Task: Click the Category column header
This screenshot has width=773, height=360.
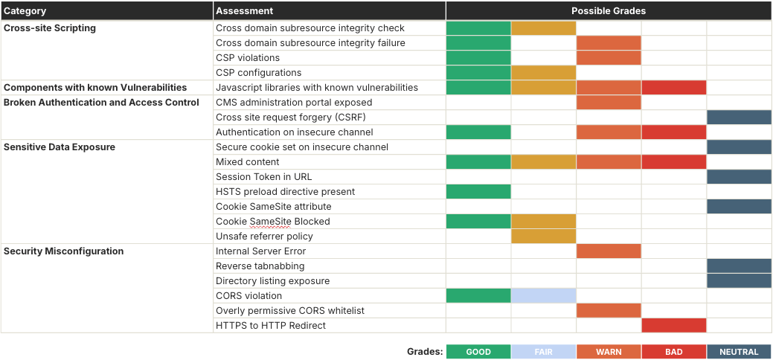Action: (25, 11)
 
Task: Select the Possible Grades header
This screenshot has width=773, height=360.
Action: (608, 11)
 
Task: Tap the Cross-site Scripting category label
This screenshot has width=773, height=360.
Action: (50, 28)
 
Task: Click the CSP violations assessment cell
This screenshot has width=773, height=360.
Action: (248, 58)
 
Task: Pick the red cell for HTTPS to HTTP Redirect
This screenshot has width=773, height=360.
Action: (673, 326)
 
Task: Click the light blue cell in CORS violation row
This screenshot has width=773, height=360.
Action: (543, 296)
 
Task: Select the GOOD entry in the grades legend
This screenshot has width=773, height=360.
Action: (478, 352)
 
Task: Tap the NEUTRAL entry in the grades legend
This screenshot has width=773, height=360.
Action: (739, 352)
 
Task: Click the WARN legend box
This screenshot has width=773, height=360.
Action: (609, 352)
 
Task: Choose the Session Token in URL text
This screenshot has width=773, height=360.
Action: (263, 177)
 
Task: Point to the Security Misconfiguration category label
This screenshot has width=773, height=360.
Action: (64, 251)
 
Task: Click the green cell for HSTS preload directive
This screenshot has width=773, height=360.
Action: (478, 192)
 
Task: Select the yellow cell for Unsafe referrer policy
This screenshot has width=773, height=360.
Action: (543, 237)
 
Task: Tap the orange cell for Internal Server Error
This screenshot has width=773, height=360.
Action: (609, 251)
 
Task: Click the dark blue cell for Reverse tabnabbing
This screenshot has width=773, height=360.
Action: (739, 266)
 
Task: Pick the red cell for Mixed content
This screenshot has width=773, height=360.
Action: (673, 162)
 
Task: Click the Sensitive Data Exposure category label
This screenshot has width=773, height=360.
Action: (60, 147)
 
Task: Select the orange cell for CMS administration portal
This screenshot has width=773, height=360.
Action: (609, 103)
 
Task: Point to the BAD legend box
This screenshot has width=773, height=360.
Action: (673, 352)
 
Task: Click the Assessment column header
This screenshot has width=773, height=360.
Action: (245, 11)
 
